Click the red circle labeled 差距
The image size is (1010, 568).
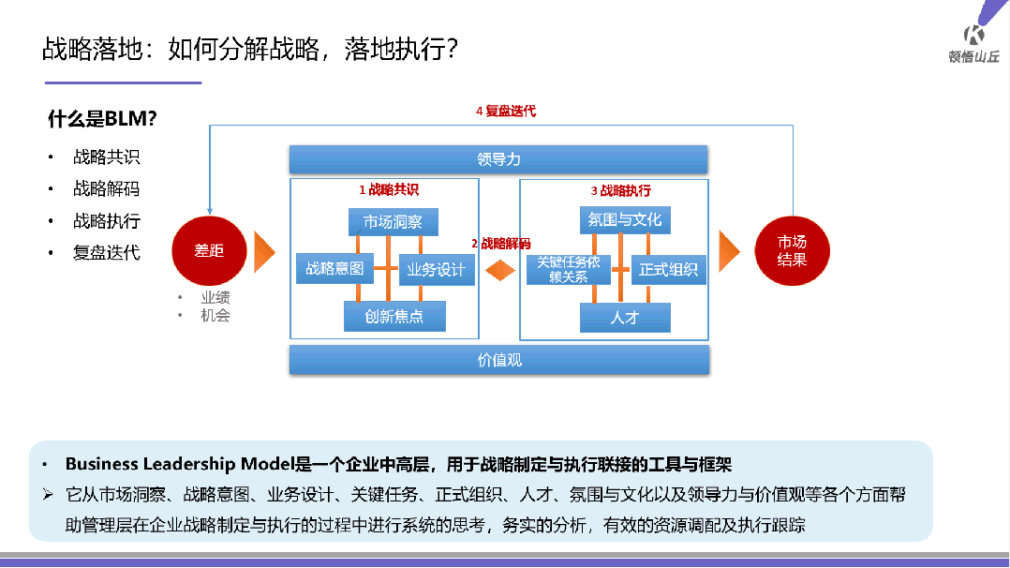click(x=208, y=251)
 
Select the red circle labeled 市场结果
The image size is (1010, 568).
click(x=792, y=251)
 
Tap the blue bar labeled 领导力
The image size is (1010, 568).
click(x=498, y=159)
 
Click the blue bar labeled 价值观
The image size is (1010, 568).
click(x=498, y=360)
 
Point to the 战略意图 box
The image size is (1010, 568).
click(x=334, y=269)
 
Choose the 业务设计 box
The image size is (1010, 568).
click(x=436, y=270)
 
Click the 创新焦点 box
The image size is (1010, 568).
click(x=394, y=317)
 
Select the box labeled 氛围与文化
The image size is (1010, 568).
click(x=625, y=220)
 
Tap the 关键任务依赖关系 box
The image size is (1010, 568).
click(x=569, y=270)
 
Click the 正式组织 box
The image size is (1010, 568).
click(x=669, y=270)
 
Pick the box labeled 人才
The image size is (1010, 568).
click(x=625, y=318)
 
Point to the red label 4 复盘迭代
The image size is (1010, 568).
click(x=506, y=111)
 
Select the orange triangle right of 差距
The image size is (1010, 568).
click(x=265, y=251)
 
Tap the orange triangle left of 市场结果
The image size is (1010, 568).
click(x=729, y=251)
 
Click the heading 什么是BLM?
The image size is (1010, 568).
click(x=102, y=119)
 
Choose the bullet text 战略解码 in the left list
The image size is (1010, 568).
click(x=107, y=189)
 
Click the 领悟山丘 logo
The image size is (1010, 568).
click(x=973, y=42)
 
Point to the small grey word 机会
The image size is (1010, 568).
click(x=215, y=316)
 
